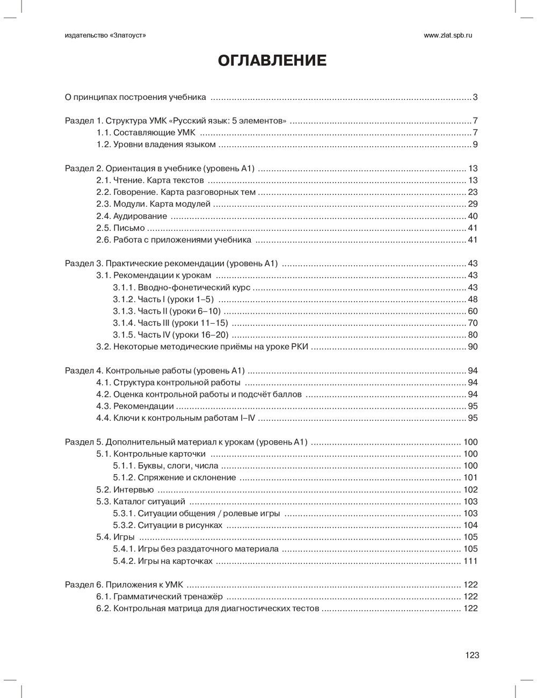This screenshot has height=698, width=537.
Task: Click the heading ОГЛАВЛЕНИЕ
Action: point(272,61)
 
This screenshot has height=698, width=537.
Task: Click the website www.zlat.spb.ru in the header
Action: point(447,35)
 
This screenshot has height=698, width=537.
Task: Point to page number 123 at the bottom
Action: point(472,655)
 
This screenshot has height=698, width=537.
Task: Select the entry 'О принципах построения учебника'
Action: point(135,97)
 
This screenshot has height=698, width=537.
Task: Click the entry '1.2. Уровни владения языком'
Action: point(156,144)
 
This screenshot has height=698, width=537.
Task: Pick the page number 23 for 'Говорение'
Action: point(473,192)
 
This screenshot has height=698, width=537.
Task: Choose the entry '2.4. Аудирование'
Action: point(132,216)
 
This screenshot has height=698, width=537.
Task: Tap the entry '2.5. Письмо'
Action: point(121,228)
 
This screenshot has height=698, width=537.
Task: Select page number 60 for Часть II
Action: point(473,311)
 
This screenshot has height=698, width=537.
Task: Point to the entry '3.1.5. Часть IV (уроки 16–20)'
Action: point(171,335)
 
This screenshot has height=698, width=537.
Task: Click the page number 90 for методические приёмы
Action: point(473,347)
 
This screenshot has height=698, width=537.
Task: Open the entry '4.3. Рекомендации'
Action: point(135,406)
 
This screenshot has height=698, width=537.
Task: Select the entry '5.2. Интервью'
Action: point(125,490)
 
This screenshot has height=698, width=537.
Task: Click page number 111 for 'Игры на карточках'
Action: point(470,561)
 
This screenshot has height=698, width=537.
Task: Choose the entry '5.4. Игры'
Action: point(115,537)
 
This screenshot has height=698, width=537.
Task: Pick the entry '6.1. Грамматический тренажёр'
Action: point(159,597)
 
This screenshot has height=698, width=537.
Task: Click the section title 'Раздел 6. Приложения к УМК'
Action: point(124,585)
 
